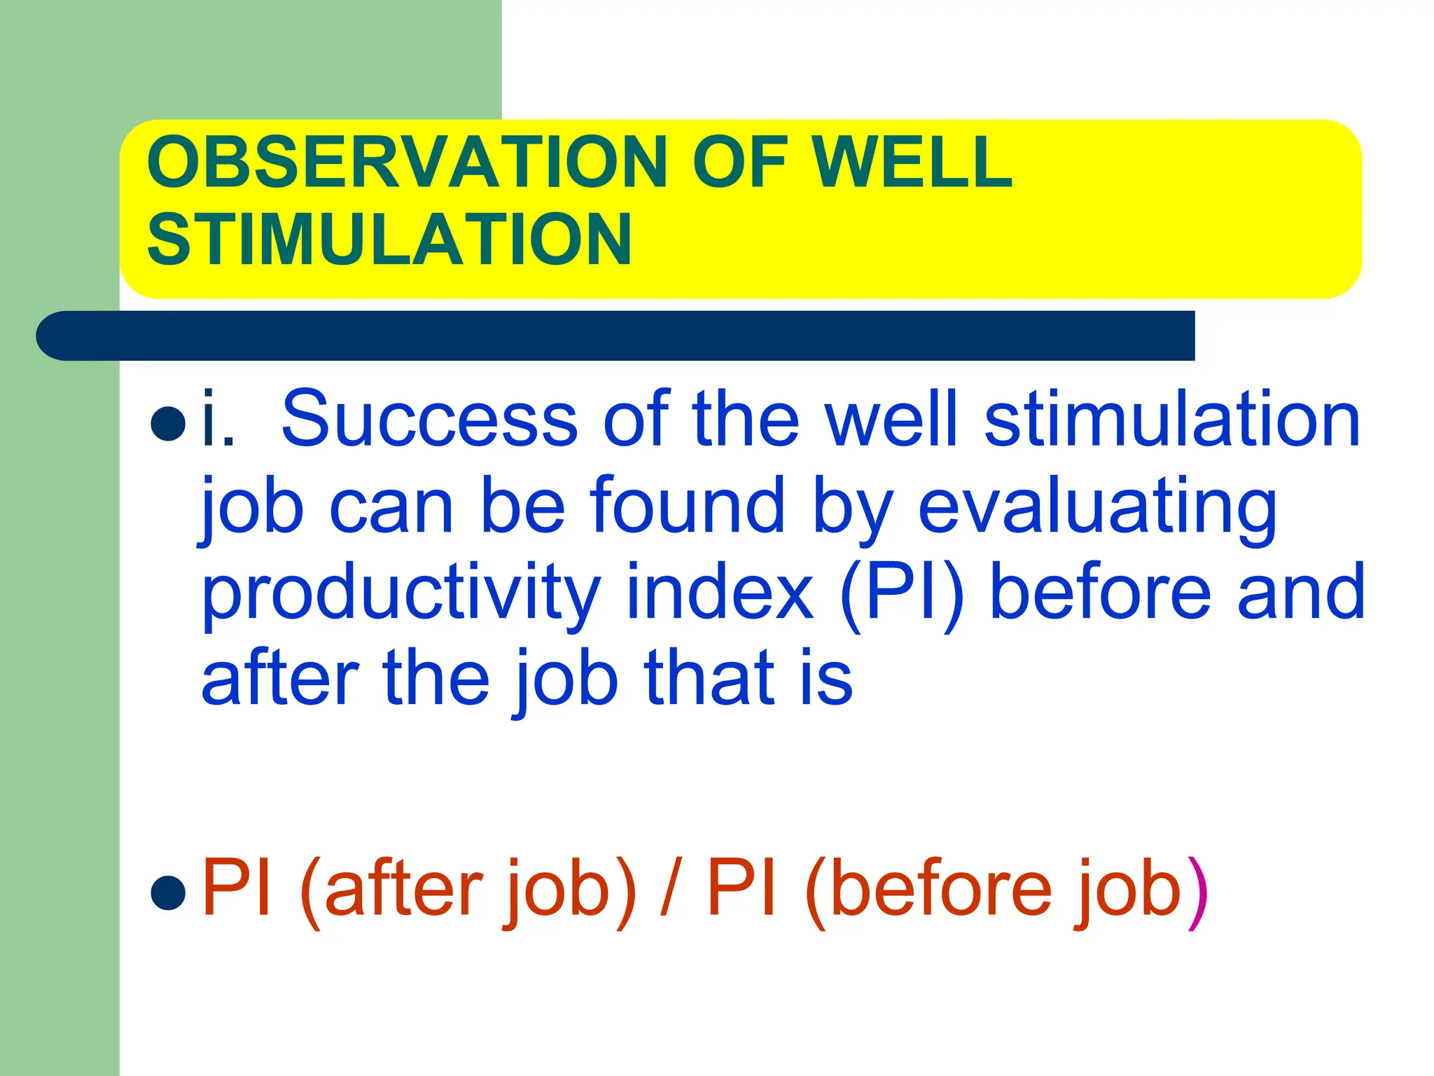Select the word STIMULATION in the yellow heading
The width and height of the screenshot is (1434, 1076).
coord(389,240)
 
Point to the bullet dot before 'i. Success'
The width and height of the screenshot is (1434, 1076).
coord(168,422)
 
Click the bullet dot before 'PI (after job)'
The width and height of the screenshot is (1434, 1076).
coord(168,892)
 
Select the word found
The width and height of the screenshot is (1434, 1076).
coord(687,506)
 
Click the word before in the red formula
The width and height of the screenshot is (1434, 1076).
coord(942,890)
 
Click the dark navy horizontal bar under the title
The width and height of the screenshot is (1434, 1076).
coord(616,336)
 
